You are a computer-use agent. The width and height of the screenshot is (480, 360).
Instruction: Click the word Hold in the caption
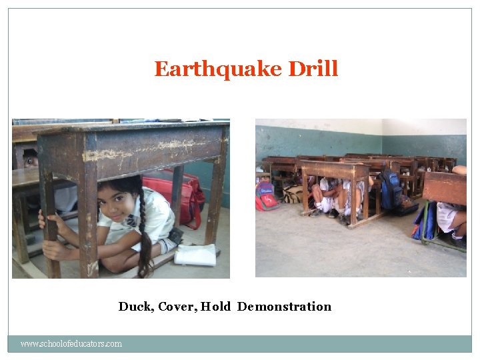click(x=215, y=307)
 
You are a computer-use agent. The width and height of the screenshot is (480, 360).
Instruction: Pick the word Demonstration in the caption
click(x=284, y=307)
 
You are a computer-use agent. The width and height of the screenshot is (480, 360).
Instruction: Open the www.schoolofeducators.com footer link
click(x=71, y=344)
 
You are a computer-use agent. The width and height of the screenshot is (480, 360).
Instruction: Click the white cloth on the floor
click(x=195, y=254)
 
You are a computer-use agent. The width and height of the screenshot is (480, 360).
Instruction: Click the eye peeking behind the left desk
click(x=31, y=161)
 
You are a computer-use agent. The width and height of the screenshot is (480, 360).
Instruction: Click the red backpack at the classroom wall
click(x=267, y=196)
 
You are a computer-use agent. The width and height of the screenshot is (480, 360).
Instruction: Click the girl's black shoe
click(x=175, y=235)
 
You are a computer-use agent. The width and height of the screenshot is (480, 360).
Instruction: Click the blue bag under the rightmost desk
click(x=425, y=223)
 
